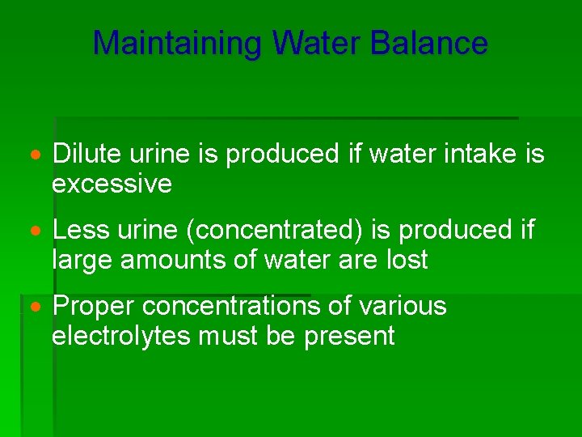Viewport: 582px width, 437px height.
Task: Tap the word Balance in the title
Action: pyautogui.click(x=428, y=43)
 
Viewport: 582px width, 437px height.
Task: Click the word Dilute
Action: pyautogui.click(x=83, y=153)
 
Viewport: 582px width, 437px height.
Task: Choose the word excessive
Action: pyautogui.click(x=112, y=184)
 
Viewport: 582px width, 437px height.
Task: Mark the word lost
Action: pyautogui.click(x=407, y=261)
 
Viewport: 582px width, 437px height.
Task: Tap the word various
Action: pyautogui.click(x=403, y=306)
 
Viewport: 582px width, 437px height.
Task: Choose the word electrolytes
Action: pyautogui.click(x=119, y=336)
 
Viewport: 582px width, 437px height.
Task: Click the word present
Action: pyautogui.click(x=349, y=336)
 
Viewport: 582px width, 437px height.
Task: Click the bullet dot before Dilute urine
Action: pyautogui.click(x=35, y=154)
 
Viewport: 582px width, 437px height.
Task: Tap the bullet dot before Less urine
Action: pyautogui.click(x=35, y=231)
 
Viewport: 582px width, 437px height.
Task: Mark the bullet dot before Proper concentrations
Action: pyautogui.click(x=35, y=307)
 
